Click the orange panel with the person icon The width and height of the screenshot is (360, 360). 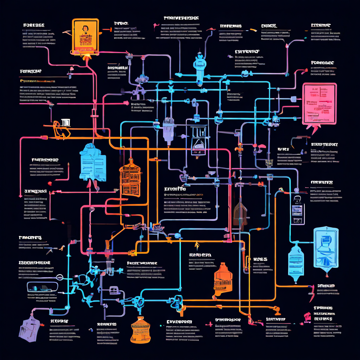click(85, 36)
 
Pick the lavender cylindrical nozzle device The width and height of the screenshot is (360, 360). click(168, 128)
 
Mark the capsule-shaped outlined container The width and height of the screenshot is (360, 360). click(42, 287)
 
